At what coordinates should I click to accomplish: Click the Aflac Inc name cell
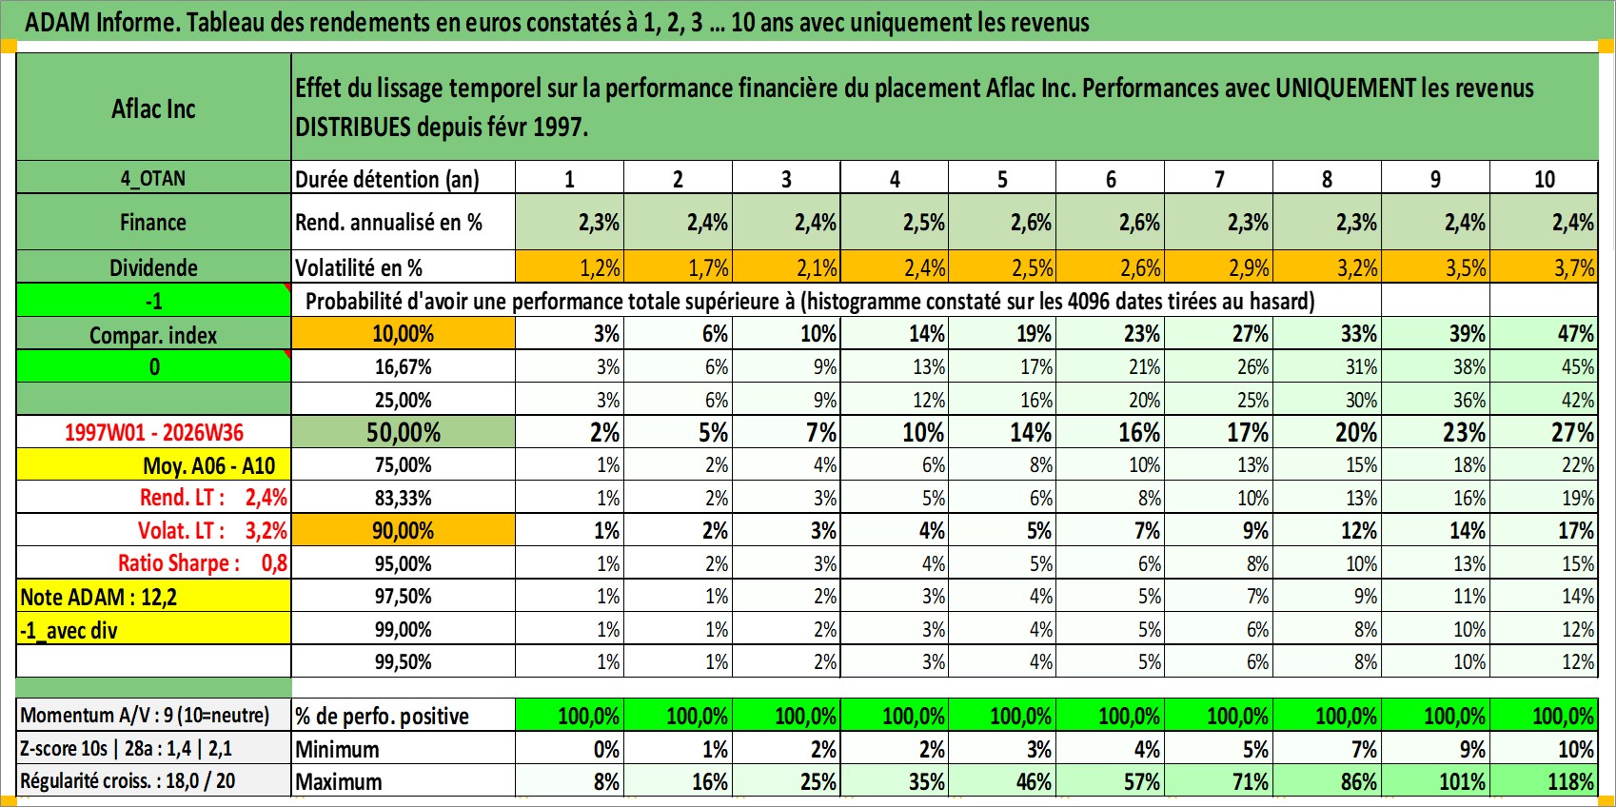[153, 108]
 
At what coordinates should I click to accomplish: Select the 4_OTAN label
[153, 178]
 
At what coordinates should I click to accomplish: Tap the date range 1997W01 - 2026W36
[153, 432]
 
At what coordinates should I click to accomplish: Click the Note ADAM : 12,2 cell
[153, 597]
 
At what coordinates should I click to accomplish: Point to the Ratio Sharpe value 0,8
[274, 563]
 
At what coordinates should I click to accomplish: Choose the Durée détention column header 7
[1218, 178]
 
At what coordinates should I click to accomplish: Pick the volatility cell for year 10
[1544, 267]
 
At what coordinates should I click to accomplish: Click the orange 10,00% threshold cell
[404, 334]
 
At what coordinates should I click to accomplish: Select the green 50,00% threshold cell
[404, 432]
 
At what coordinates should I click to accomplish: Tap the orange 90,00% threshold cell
[404, 531]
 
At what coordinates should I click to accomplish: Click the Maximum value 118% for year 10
[1544, 781]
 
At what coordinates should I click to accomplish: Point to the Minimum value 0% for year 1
[569, 749]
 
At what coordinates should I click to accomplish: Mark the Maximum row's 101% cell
[1435, 781]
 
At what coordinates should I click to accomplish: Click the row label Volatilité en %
[359, 268]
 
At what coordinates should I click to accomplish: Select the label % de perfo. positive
[382, 717]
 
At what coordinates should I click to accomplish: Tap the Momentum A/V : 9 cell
[153, 716]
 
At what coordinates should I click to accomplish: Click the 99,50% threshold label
[404, 662]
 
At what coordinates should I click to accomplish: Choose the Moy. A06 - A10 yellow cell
[153, 465]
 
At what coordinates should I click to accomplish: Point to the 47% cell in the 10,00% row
[1544, 334]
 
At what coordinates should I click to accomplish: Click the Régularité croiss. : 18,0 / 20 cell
[153, 781]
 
